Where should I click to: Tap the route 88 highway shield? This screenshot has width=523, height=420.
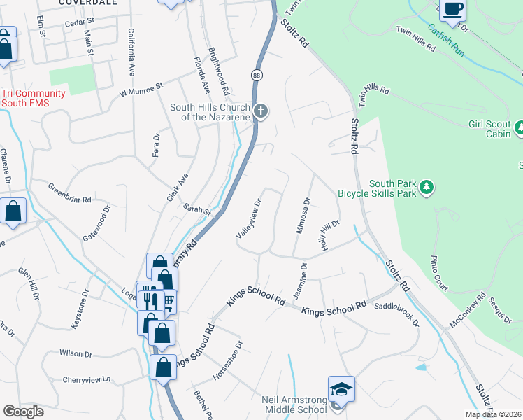pyautogui.click(x=257, y=75)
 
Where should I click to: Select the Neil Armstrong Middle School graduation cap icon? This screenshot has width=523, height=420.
pyautogui.click(x=341, y=389)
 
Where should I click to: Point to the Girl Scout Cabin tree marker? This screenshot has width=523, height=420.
pyautogui.click(x=520, y=128)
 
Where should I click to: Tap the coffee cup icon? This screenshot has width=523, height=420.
pyautogui.click(x=452, y=9)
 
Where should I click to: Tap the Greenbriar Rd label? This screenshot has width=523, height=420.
pyautogui.click(x=69, y=193)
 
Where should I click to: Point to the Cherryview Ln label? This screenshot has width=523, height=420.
pyautogui.click(x=87, y=379)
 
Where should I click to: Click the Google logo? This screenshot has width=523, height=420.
pyautogui.click(x=23, y=412)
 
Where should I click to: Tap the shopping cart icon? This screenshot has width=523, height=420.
pyautogui.click(x=168, y=302)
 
